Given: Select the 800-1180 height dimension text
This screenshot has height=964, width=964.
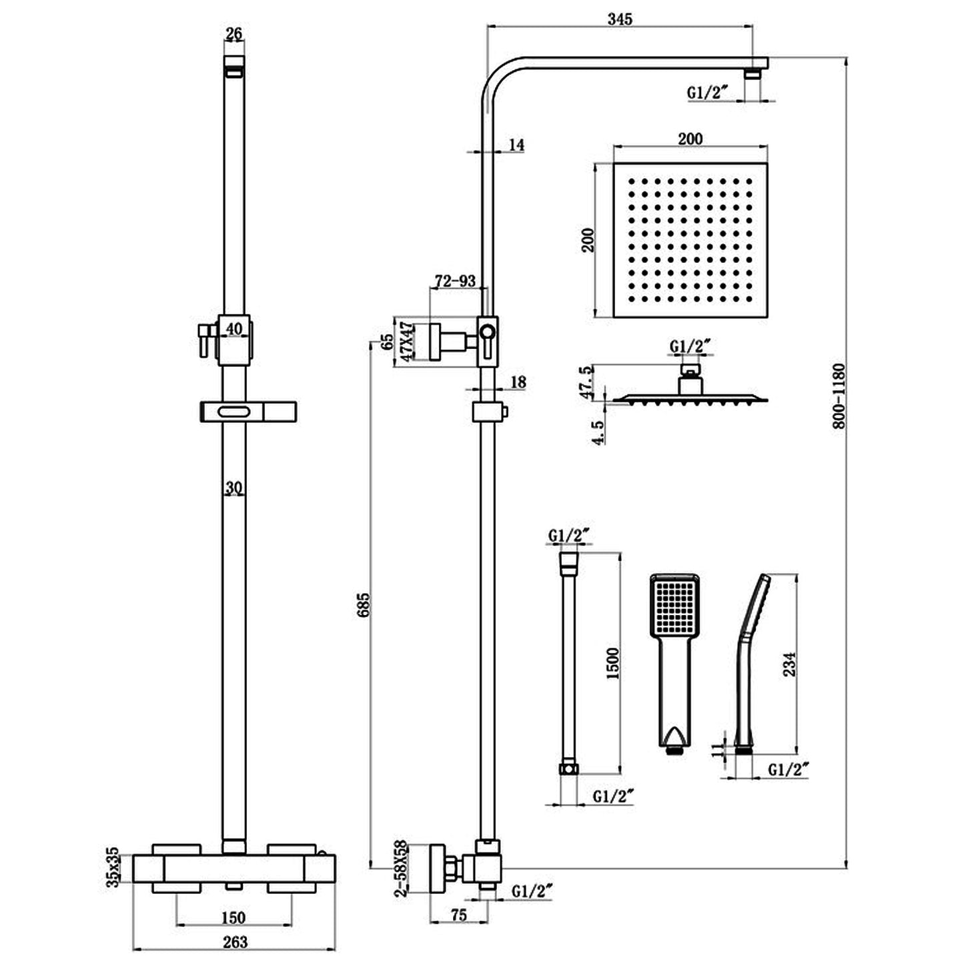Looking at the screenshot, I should click(839, 396).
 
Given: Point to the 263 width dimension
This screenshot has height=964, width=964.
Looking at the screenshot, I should click(234, 941).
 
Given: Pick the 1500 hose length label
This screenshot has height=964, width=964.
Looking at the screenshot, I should click(612, 662).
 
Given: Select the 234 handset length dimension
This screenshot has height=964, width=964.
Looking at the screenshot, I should click(789, 664).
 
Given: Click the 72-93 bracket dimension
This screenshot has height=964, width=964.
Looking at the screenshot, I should click(455, 281).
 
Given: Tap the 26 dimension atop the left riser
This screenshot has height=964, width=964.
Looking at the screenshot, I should click(233, 33).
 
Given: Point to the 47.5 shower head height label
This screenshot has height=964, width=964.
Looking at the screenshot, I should click(587, 382).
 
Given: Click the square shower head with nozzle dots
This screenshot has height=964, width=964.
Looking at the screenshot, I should click(690, 240).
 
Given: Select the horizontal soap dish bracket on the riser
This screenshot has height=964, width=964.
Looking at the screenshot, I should click(247, 412).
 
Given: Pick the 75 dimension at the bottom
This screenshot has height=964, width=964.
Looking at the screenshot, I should click(458, 916).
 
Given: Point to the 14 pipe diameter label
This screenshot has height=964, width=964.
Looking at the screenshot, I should click(516, 145).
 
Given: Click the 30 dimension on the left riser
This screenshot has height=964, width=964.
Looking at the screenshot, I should click(233, 488).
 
